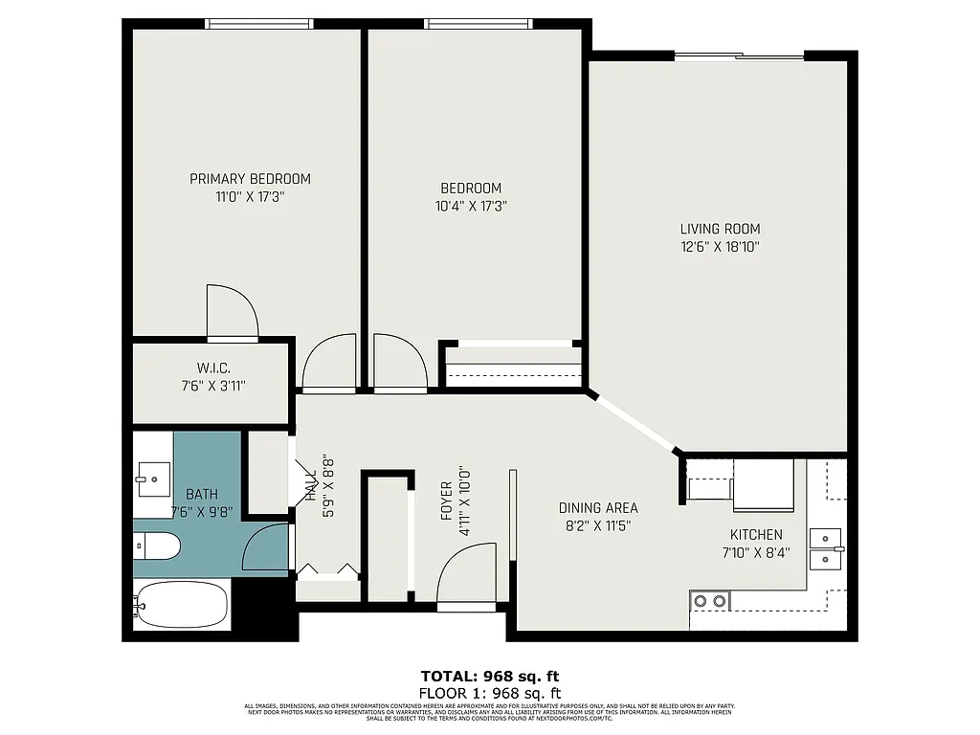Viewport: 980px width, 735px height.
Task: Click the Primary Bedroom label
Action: pos(250,179)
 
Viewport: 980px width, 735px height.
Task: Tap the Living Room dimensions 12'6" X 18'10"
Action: pos(721,247)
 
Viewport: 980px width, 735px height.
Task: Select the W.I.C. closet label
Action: pos(213,368)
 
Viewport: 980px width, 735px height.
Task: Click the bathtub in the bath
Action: pos(182,605)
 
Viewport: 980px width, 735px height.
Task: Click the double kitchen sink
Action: pos(824,548)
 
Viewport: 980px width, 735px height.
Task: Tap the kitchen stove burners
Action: pos(709,601)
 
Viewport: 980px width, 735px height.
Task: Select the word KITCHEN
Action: pos(756,535)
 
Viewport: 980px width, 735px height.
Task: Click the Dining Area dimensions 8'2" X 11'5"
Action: pos(598,525)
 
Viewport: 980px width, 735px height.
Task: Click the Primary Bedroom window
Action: pos(259,24)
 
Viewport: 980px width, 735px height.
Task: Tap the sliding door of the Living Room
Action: pos(739,56)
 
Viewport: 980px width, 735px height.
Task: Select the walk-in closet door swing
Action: pos(234,311)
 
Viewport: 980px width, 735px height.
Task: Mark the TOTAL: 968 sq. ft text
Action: pos(490,676)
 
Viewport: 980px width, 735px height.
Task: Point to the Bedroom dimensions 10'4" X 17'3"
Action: pos(470,205)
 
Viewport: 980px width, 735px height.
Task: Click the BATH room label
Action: pos(201,494)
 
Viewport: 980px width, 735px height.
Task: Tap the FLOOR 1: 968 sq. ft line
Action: pos(490,693)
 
